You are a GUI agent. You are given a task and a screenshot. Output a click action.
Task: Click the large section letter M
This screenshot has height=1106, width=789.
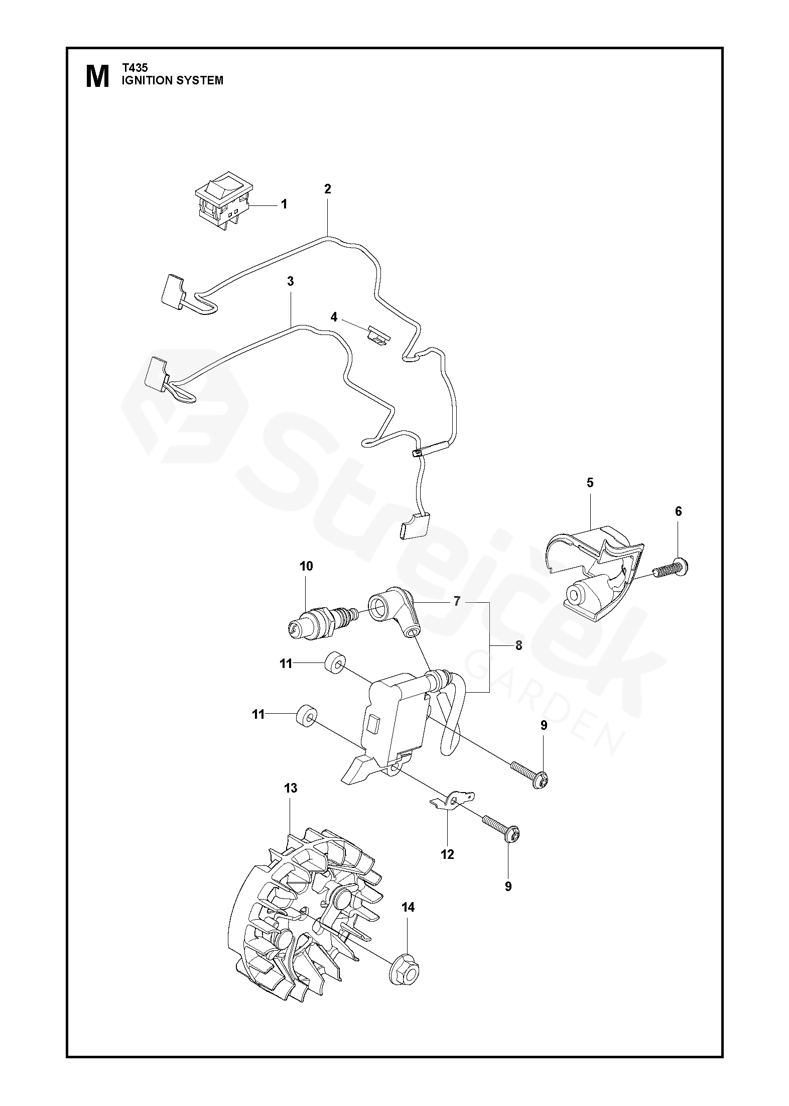click(97, 76)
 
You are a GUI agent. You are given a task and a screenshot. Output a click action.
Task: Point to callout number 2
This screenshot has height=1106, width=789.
click(328, 189)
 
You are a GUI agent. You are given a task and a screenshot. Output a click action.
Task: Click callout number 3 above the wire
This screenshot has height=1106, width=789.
click(290, 281)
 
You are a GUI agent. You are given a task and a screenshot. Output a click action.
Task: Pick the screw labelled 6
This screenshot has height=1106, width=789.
click(670, 569)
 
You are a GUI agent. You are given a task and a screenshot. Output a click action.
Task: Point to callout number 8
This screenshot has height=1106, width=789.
click(518, 646)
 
